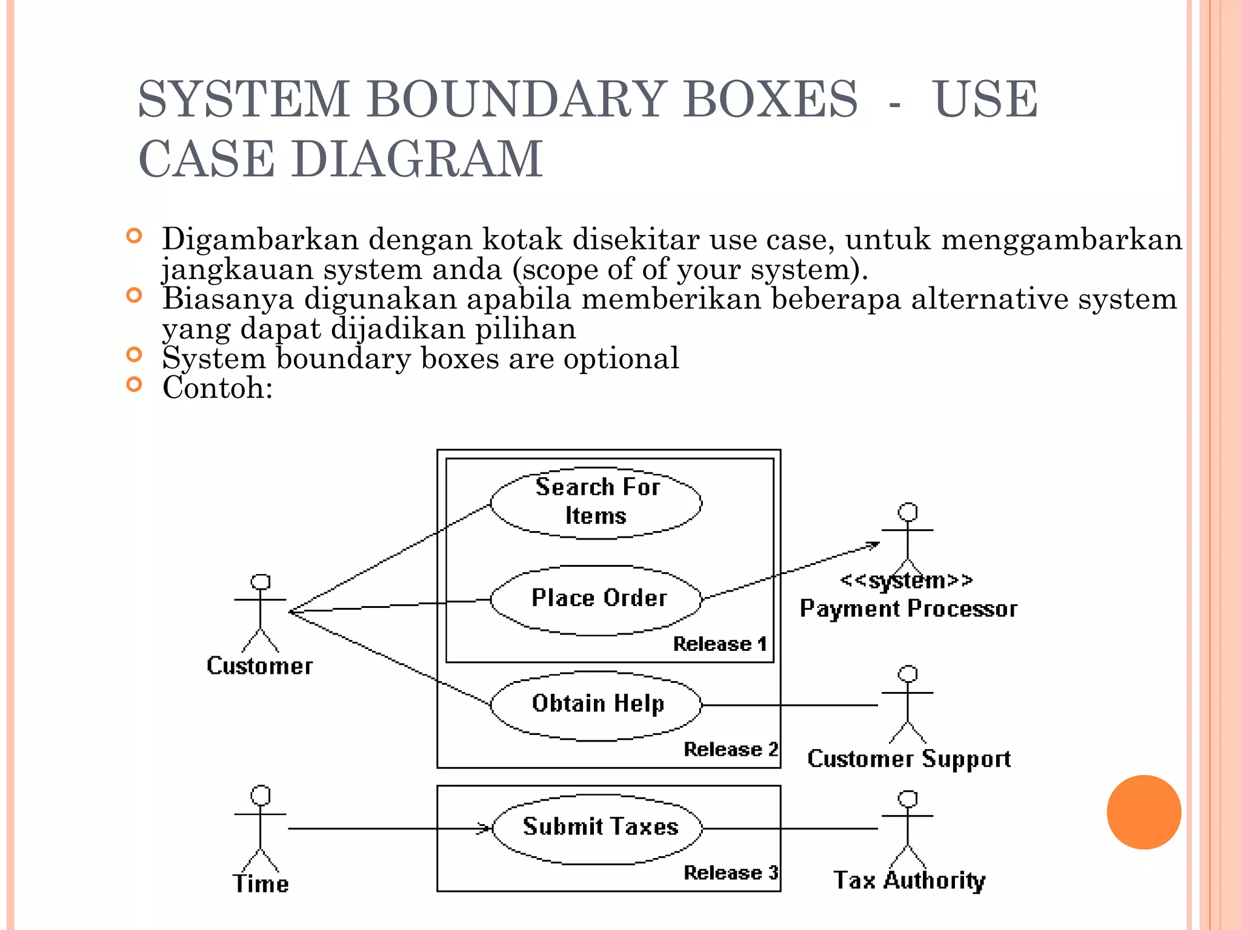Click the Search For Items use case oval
(596, 502)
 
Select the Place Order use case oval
(596, 600)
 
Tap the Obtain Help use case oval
(596, 705)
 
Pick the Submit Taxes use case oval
(597, 828)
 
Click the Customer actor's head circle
(261, 581)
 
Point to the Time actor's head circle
(261, 795)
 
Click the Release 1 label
(719, 644)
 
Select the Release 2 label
(730, 749)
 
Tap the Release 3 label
(730, 872)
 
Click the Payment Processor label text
(908, 608)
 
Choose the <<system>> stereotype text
(907, 580)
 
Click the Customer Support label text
(908, 759)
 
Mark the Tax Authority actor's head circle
(907, 799)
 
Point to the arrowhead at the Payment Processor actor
(874, 544)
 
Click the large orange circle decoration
(1143, 812)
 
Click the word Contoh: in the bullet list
(218, 387)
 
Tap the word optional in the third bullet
(621, 358)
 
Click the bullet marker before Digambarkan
(134, 236)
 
